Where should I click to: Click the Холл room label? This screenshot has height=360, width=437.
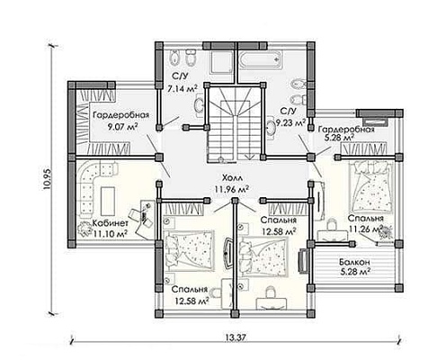[232, 178]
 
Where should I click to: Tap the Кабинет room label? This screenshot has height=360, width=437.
[111, 223]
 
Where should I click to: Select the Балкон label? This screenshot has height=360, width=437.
[354, 262]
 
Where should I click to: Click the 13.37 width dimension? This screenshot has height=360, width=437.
[236, 337]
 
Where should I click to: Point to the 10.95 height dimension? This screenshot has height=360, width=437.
[48, 179]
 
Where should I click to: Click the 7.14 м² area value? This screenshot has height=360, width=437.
[183, 89]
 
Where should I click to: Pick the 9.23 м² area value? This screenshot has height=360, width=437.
[290, 122]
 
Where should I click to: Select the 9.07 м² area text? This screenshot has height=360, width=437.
[122, 126]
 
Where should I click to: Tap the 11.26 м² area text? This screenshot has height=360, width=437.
[366, 229]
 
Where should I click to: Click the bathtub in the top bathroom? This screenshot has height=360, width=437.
[261, 59]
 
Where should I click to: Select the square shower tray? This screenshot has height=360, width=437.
[220, 62]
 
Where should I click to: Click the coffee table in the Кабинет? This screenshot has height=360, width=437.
[108, 197]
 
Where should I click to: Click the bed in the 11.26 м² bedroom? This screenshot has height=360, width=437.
[371, 186]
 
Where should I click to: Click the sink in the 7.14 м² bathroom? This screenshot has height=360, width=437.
[199, 105]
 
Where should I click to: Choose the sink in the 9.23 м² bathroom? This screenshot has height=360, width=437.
[272, 127]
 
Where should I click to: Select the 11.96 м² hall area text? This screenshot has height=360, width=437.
[232, 189]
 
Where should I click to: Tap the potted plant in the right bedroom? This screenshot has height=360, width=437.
[386, 234]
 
